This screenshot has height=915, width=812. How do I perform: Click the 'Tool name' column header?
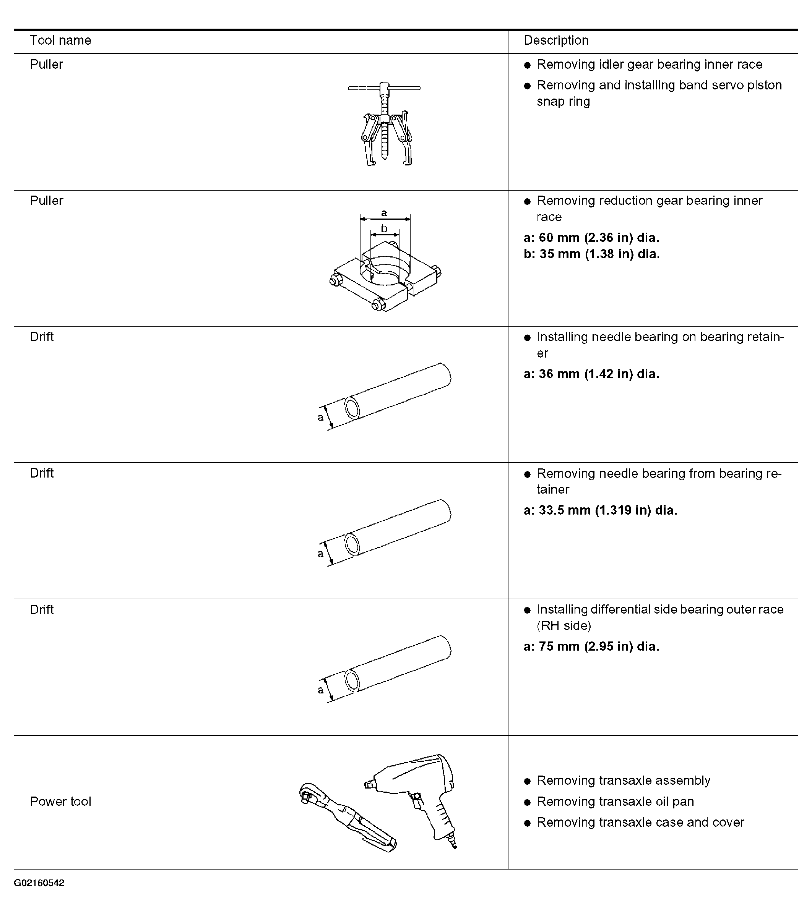(x=60, y=40)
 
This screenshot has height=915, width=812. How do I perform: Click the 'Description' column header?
(x=556, y=40)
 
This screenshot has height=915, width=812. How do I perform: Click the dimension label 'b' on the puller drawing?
(x=384, y=229)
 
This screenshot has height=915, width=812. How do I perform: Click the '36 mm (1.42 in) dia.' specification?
(x=599, y=374)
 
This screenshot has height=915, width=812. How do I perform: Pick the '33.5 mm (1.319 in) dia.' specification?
(x=608, y=510)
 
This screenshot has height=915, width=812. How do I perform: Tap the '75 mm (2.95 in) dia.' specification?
(x=599, y=646)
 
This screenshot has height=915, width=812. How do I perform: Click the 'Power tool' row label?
(x=60, y=801)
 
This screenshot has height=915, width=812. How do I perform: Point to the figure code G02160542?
(x=39, y=883)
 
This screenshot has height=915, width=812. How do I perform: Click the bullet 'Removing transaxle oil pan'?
(x=615, y=801)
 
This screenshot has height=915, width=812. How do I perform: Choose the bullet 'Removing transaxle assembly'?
(x=624, y=780)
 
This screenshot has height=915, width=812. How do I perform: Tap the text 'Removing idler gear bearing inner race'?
(x=649, y=65)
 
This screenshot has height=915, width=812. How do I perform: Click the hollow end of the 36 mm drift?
(x=352, y=408)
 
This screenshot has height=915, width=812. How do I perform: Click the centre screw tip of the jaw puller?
(x=384, y=156)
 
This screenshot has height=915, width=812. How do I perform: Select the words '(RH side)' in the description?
(x=564, y=626)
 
